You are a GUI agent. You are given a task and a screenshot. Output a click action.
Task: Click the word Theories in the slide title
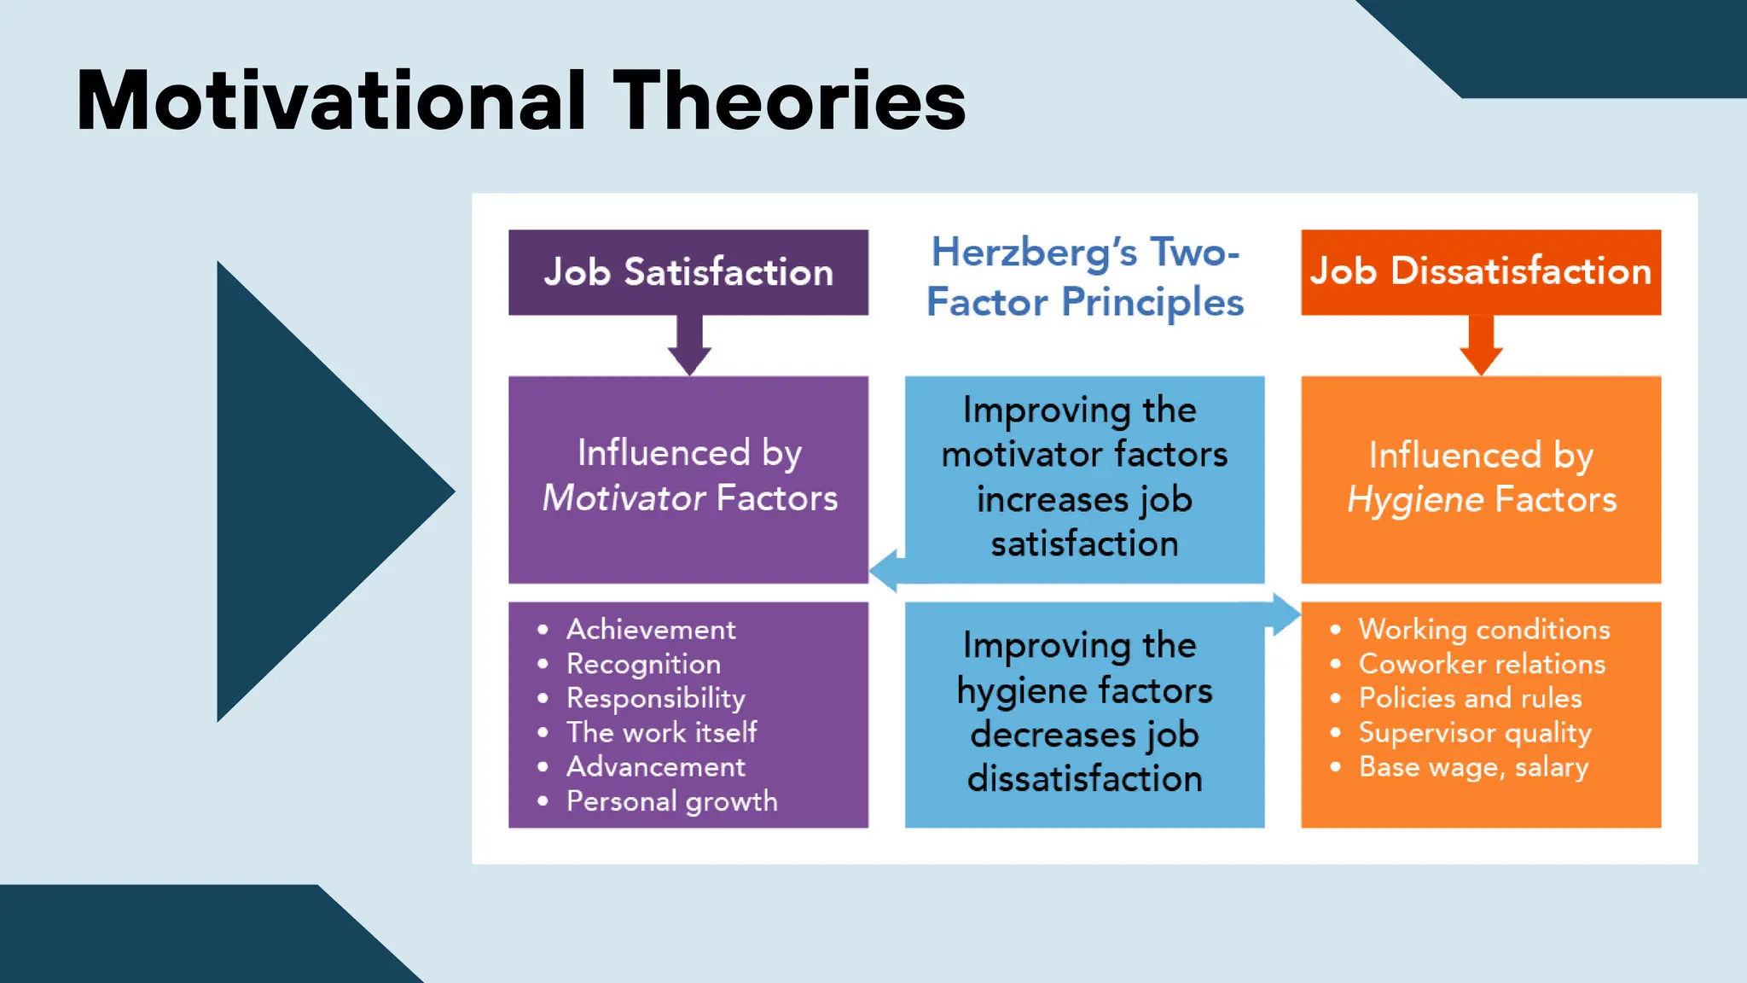tap(789, 101)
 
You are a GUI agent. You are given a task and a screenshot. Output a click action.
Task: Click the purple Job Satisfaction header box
tap(688, 272)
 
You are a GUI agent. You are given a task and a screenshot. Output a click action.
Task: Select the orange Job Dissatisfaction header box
tap(1481, 271)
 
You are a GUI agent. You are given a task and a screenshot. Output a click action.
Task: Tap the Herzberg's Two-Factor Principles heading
tap(1084, 276)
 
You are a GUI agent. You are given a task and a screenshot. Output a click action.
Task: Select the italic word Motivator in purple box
tap(624, 498)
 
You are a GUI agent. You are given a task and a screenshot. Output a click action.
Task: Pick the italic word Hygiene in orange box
tap(1415, 500)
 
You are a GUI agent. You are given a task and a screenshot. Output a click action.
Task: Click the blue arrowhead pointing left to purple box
tap(884, 570)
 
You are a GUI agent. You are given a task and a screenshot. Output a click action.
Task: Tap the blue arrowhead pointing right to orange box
tap(1286, 614)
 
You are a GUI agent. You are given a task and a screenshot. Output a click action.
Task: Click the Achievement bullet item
tap(651, 630)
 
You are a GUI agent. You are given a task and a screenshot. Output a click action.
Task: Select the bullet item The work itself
tap(661, 732)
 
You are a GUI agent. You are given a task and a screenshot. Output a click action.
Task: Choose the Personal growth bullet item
tap(671, 801)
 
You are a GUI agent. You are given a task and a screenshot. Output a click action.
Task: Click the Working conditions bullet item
tap(1483, 630)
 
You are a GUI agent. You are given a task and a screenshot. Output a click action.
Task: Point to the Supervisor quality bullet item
tap(1474, 732)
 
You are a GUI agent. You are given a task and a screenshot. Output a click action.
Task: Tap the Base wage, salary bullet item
tap(1473, 767)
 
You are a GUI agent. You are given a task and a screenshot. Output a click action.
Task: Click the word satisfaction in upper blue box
tap(1084, 544)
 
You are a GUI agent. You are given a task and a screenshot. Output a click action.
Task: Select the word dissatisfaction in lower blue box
tap(1084, 779)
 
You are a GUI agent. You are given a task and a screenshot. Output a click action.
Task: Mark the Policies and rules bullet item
tap(1470, 698)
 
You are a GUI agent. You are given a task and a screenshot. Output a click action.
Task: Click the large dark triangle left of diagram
tap(307, 491)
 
